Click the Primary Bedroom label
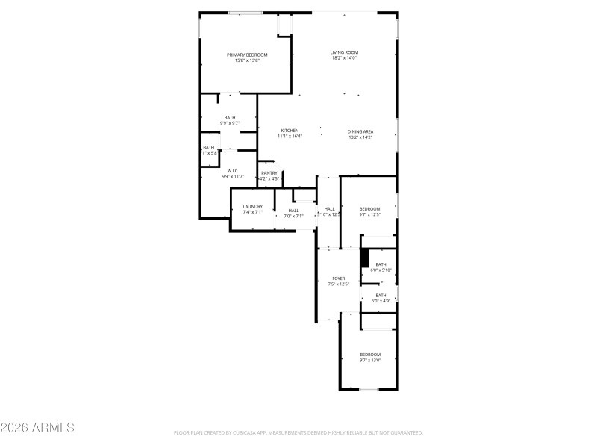click(247, 55)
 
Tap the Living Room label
click(344, 52)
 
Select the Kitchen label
click(290, 131)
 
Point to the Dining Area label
click(360, 131)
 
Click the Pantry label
click(269, 173)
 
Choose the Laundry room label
click(252, 206)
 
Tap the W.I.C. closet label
click(233, 171)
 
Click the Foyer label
click(338, 279)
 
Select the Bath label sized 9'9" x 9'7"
click(230, 117)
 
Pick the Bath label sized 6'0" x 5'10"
click(381, 264)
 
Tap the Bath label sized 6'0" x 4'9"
click(381, 295)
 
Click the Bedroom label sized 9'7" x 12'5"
click(370, 208)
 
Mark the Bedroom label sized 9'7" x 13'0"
click(370, 354)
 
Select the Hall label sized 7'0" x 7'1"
click(293, 211)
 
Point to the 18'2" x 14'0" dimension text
click(344, 58)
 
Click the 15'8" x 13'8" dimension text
click(247, 60)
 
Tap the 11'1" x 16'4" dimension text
click(290, 137)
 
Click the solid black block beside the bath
click(365, 258)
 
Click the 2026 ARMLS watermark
click(37, 428)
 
